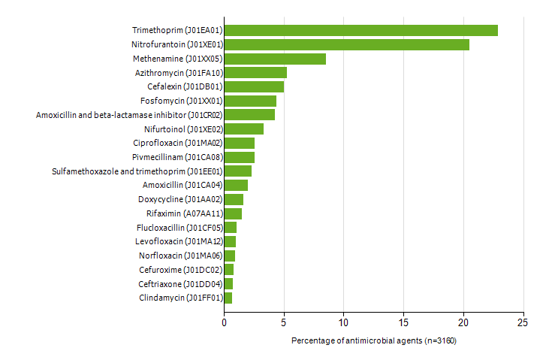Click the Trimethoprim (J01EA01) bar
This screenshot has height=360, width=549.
tap(360, 30)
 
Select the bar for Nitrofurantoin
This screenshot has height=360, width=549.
tap(346, 44)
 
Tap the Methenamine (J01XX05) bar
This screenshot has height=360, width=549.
tap(275, 59)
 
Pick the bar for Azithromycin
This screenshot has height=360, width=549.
tap(255, 72)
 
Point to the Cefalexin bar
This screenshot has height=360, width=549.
tap(254, 86)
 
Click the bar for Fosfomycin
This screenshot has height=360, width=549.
tap(250, 101)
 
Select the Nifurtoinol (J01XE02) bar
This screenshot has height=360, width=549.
tap(243, 129)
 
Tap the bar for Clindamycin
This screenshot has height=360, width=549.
tap(228, 298)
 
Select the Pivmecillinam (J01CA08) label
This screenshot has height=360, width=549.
tap(176, 157)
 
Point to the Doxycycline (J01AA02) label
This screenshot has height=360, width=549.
tap(180, 199)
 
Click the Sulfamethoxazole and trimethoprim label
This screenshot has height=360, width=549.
tap(137, 171)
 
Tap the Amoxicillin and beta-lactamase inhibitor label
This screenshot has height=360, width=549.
tap(128, 115)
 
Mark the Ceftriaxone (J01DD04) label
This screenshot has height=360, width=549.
tap(180, 284)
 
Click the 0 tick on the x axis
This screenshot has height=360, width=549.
tap(224, 322)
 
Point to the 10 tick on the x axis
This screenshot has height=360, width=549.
tap(343, 322)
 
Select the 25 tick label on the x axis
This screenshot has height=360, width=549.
tap(523, 322)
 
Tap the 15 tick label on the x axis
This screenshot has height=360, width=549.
tap(403, 322)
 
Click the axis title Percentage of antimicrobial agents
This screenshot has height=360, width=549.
tap(373, 341)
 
